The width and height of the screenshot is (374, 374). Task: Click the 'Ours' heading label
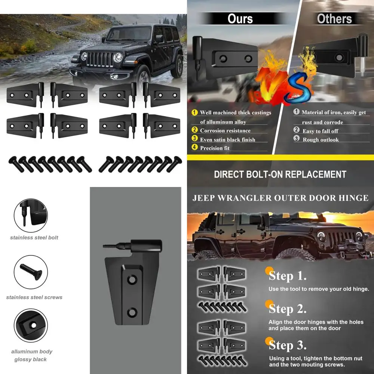240,18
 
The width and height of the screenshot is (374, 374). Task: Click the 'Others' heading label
334,18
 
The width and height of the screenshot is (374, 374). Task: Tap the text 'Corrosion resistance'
225,131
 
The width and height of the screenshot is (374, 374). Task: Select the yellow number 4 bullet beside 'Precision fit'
194,147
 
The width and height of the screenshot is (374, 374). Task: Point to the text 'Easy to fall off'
320,131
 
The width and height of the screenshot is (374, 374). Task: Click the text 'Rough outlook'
321,140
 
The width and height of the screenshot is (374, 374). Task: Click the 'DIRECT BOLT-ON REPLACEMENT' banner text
280,174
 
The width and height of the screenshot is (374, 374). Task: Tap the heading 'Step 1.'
288,276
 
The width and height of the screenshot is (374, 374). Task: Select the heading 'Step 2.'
288,309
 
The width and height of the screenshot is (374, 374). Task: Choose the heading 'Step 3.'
288,344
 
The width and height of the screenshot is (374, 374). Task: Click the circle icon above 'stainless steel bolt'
31,215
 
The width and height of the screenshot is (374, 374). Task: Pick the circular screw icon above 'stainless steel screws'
31,272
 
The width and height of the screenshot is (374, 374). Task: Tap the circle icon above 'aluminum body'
31,325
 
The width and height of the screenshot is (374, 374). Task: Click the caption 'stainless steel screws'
34,297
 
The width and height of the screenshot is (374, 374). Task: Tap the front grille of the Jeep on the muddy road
100,59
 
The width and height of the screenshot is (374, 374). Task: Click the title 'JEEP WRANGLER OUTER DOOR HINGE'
280,198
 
